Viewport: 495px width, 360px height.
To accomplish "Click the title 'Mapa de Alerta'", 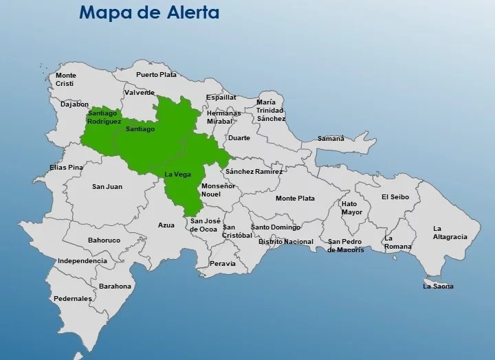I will point(148,12).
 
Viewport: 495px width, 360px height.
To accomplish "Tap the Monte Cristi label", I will point(66,79).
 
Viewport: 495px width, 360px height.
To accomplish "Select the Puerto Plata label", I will point(156,75).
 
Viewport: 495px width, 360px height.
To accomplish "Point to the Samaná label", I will point(330,139).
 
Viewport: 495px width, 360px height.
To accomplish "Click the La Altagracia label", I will point(450,232).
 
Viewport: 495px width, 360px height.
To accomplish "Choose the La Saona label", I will point(438,286).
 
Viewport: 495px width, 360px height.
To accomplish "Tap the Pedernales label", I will point(72,299).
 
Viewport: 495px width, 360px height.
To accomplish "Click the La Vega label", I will point(177,175).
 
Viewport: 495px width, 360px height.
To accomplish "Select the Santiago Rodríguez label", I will point(104,117).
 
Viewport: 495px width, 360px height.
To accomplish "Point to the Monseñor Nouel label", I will point(219,190).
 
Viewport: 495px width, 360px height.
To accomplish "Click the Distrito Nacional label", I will point(285,242).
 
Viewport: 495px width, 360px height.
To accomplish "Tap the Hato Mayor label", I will point(351,208).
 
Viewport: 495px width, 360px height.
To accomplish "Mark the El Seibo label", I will point(395,197).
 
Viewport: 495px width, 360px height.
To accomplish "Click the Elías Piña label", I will point(66,167).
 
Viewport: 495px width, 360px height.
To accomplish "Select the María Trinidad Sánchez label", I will point(271,110).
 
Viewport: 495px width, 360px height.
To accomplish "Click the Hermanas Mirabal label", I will point(223,117).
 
